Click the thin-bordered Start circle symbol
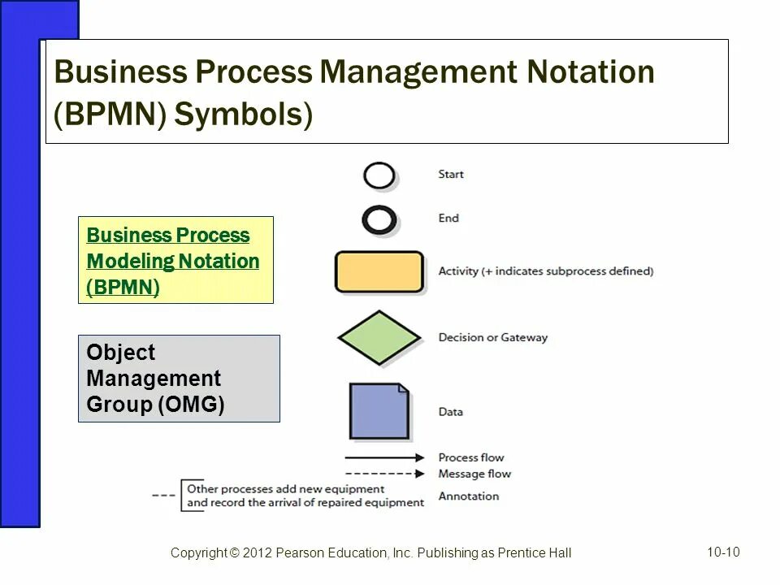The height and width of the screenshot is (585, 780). click(x=379, y=175)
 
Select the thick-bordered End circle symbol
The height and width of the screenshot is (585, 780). click(x=379, y=219)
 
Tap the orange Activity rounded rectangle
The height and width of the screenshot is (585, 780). click(x=379, y=271)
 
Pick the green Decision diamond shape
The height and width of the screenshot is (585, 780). click(x=379, y=337)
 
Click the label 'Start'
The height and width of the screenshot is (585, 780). click(x=451, y=174)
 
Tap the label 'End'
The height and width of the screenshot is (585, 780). click(x=448, y=218)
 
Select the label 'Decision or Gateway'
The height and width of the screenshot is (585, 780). click(x=492, y=337)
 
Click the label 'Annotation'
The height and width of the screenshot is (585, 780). click(x=468, y=496)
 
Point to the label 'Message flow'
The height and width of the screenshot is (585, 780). click(x=474, y=474)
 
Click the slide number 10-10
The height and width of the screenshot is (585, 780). click(x=723, y=552)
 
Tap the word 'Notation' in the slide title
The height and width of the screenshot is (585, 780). click(x=590, y=72)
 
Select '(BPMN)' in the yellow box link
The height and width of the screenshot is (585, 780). click(x=123, y=288)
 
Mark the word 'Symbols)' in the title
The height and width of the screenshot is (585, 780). click(x=243, y=115)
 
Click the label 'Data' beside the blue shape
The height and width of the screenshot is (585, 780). click(x=451, y=412)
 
